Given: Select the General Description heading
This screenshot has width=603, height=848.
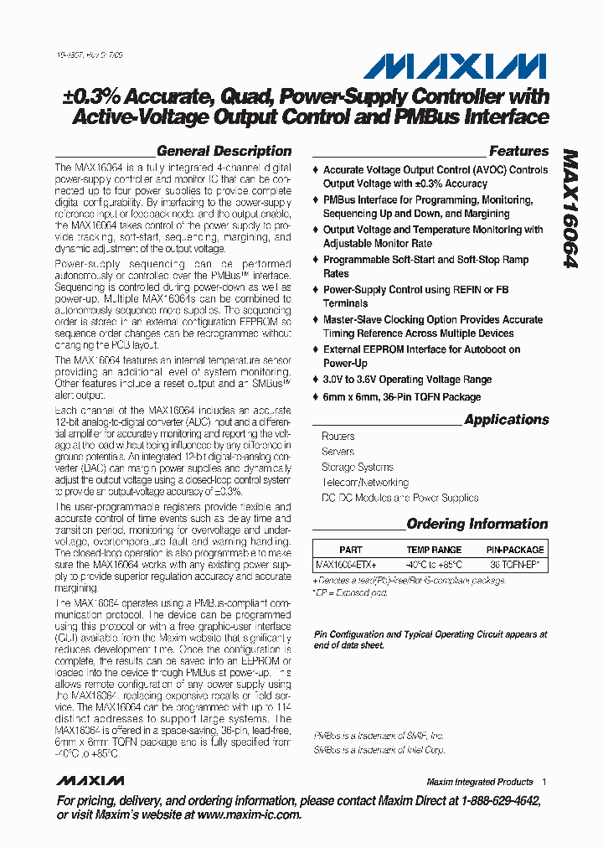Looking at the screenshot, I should tap(224, 152).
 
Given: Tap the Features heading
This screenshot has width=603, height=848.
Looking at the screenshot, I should tap(518, 152).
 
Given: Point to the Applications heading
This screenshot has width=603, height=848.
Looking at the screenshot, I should tap(506, 420).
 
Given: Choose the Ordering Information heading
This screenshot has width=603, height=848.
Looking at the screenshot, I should tap(477, 525).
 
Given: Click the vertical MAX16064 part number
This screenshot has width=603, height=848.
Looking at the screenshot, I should tap(570, 209).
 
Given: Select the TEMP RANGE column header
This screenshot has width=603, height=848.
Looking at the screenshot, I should tap(434, 550).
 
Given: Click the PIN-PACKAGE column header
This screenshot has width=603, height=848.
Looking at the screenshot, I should tap(515, 550).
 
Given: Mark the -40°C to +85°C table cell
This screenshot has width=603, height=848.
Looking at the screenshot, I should tap(434, 565).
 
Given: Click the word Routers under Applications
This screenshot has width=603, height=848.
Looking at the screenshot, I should tap(338, 437).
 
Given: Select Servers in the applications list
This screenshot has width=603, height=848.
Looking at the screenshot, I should tap(338, 452).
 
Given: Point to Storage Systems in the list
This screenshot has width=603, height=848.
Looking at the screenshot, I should tap(358, 468).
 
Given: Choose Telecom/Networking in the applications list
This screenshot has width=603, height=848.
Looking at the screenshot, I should tap(365, 483).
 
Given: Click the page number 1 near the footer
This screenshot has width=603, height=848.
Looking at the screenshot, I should tap(544, 782).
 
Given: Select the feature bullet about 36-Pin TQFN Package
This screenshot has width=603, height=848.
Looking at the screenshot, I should tap(402, 397).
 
